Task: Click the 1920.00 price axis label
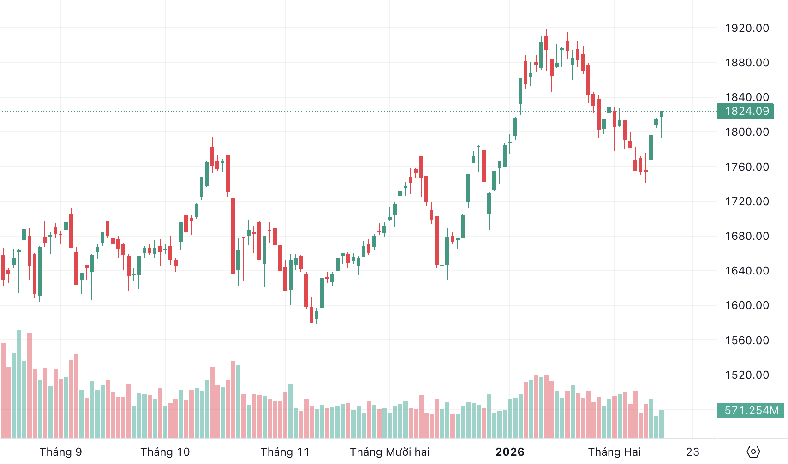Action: tap(746, 28)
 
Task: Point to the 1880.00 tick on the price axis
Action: tap(746, 63)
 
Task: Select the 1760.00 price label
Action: tap(746, 167)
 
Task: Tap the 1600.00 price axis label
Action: tap(746, 305)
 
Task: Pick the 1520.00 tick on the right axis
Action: tap(746, 375)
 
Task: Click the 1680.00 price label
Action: tap(746, 236)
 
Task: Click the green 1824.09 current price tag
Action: tap(746, 111)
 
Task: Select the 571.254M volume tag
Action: tap(751, 410)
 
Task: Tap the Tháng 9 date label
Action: tap(60, 452)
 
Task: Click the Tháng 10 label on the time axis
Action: tap(165, 452)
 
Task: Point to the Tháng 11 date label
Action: tap(285, 452)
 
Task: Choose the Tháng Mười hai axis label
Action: tap(390, 452)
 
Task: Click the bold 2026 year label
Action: tap(510, 452)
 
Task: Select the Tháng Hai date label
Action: tap(614, 452)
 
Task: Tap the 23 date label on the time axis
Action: tap(692, 452)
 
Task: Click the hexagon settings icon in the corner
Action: tap(753, 452)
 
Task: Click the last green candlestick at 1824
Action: tap(662, 114)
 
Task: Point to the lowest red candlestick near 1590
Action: tap(311, 315)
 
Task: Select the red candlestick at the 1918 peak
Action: tap(546, 43)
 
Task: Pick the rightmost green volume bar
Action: tap(662, 424)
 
